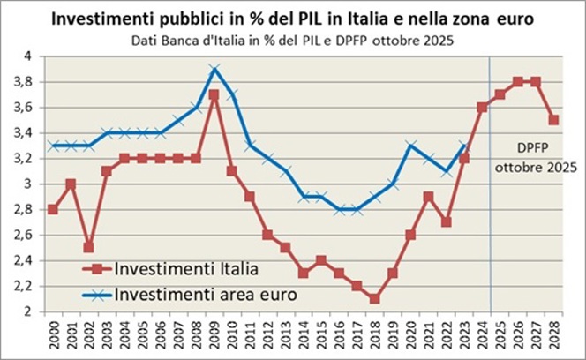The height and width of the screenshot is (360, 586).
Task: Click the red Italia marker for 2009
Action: click(214, 94)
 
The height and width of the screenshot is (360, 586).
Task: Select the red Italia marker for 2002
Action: click(88, 247)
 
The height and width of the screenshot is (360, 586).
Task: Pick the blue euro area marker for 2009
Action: click(214, 68)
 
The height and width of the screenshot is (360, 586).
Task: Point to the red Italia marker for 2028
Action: click(554, 120)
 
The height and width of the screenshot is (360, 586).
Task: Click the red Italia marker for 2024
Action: click(482, 107)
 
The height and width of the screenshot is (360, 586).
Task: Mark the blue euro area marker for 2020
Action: click(410, 145)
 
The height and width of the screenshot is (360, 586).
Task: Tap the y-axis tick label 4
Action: click(39, 56)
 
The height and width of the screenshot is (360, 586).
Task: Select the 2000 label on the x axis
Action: click(53, 334)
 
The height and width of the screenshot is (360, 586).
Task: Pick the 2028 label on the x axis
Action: click(555, 334)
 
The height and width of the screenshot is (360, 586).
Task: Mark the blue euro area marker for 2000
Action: click(53, 145)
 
